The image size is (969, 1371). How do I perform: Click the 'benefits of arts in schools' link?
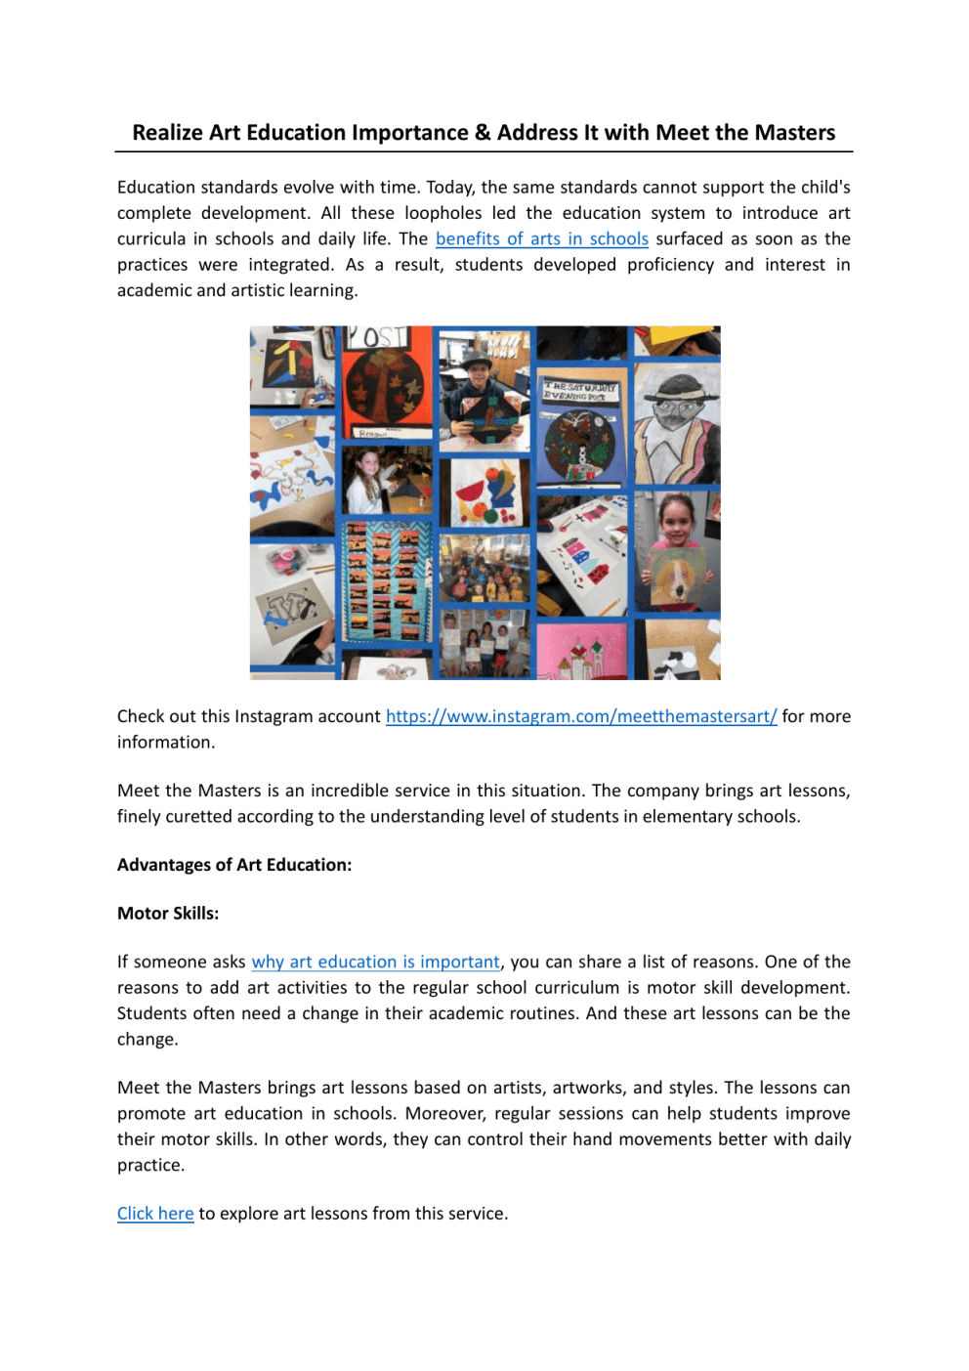pos(541,238)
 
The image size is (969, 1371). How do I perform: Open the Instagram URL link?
pos(581,716)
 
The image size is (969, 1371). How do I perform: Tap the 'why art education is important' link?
pos(375,962)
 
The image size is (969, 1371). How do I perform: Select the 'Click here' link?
pos(155,1214)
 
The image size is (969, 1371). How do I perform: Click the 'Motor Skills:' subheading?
pos(168,914)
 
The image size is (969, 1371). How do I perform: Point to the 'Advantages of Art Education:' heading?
pos(234,865)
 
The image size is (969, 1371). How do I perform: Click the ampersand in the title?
pos(483,133)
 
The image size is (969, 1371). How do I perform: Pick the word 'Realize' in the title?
pos(168,133)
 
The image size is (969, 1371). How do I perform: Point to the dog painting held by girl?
pos(678,577)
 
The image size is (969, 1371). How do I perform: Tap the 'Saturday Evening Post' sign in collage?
pos(581,391)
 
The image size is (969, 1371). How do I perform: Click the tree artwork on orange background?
pos(386,386)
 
